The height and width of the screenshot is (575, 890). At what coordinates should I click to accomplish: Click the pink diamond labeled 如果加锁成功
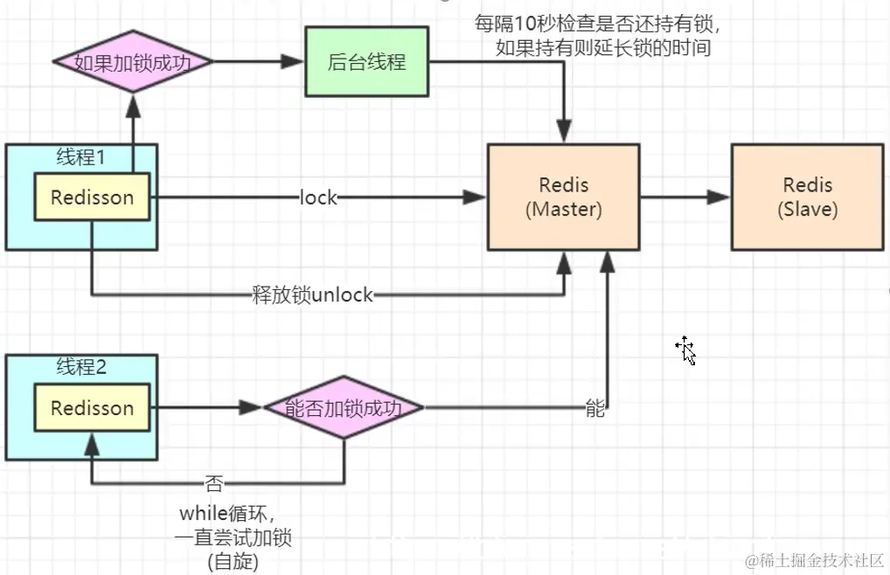[x=132, y=62]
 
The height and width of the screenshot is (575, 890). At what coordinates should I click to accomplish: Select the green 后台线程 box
[x=366, y=62]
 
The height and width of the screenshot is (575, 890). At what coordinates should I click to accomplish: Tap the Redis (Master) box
[x=564, y=197]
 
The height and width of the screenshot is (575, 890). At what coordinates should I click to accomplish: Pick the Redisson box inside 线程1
[x=92, y=197]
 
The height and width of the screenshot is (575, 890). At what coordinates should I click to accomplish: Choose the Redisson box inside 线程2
[x=92, y=408]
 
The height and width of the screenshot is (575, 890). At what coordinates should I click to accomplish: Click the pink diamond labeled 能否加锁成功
[x=344, y=408]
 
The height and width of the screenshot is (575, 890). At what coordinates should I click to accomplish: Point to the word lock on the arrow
[x=318, y=198]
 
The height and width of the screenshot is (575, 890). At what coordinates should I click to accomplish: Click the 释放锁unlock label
[x=312, y=295]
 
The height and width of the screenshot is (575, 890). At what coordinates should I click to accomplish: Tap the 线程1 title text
[x=80, y=157]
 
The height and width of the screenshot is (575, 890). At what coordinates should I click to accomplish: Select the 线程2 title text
[x=80, y=367]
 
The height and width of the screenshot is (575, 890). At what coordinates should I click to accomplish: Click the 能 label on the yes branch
[x=594, y=409]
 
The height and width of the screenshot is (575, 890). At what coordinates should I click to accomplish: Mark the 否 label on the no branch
[x=213, y=483]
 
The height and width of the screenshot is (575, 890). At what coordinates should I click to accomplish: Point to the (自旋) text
[x=233, y=561]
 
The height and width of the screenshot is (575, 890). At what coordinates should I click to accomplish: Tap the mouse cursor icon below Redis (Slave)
[x=685, y=350]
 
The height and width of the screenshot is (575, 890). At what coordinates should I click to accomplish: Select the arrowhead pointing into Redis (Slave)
[x=720, y=198]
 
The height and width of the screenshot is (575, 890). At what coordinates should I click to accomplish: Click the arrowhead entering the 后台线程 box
[x=294, y=62]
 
